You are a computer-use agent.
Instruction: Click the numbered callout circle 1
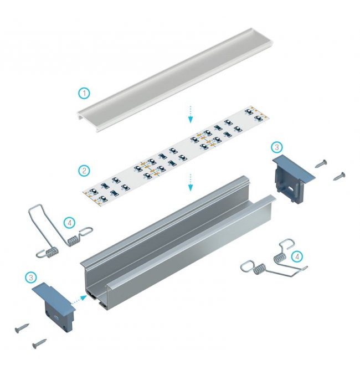[84, 93]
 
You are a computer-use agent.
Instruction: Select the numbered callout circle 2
[84, 171]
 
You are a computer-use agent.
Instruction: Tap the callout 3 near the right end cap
[277, 147]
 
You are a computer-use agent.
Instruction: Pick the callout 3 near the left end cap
[31, 278]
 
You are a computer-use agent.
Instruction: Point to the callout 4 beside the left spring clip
[70, 223]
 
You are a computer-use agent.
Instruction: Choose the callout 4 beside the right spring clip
[297, 257]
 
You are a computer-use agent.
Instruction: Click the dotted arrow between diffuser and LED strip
[191, 114]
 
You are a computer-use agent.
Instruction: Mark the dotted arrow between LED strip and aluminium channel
[191, 182]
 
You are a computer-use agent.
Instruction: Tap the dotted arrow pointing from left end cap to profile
[79, 300]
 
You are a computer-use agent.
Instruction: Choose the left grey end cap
[54, 305]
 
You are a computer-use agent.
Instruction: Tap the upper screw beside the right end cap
[321, 163]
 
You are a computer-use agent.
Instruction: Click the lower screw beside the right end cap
[339, 176]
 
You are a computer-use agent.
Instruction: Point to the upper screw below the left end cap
[22, 328]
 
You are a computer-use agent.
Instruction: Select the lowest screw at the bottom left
[39, 343]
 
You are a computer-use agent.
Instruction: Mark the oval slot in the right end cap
[291, 187]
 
